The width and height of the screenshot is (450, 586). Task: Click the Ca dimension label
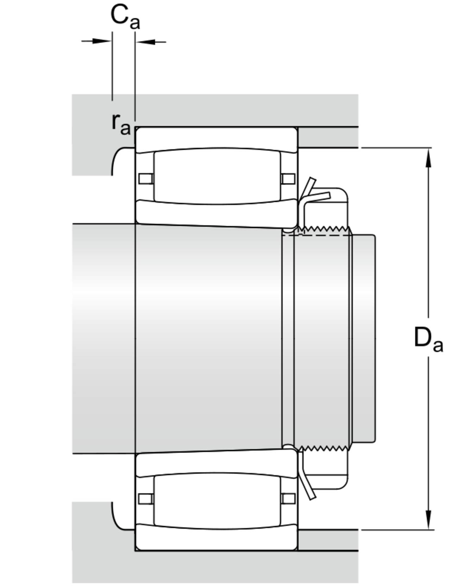coord(125,18)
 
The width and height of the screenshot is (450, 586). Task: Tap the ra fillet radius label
coord(121,124)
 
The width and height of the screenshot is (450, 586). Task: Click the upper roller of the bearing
coord(217,177)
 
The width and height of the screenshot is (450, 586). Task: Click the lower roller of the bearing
coord(217,500)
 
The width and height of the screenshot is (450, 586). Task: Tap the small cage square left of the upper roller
coord(145,179)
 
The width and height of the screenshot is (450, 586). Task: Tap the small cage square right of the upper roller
coord(288,179)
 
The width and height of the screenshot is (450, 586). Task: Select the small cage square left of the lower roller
coord(145,498)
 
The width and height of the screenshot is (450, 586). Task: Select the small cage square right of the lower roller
coord(288,498)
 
